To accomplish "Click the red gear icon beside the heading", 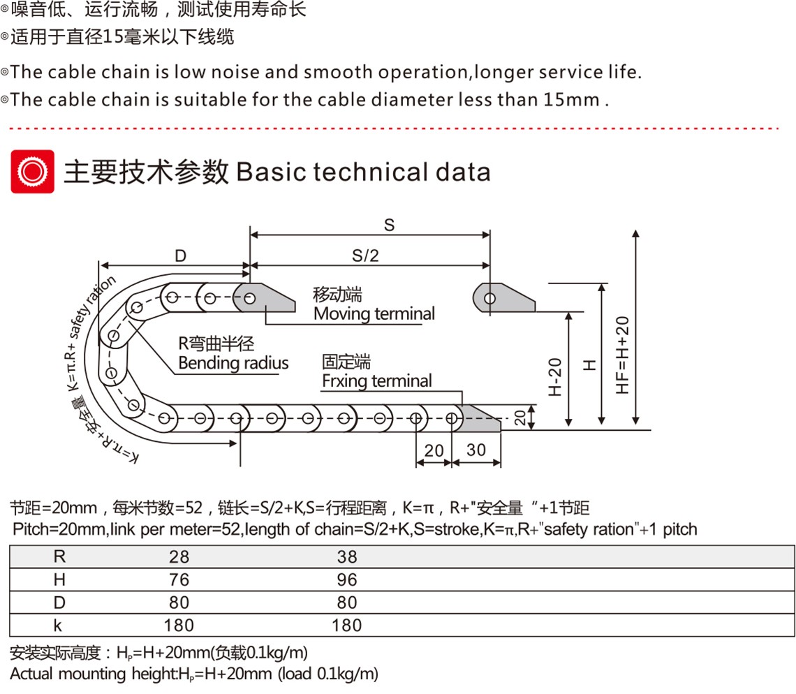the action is (33, 172).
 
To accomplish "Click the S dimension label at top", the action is (389, 225).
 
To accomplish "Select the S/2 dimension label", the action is (365, 256).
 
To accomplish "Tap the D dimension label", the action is (180, 256).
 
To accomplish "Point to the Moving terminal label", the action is (374, 313).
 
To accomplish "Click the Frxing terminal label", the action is (376, 381).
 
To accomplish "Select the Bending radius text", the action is (233, 363).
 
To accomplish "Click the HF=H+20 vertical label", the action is (622, 355).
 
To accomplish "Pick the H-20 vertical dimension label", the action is (555, 377).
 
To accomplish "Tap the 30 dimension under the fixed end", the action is (476, 450).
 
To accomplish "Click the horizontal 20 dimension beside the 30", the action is (434, 450).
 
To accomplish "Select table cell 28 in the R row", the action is (179, 557).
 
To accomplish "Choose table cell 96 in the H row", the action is (347, 579).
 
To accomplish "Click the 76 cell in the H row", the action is (179, 579).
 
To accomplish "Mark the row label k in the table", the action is (58, 626).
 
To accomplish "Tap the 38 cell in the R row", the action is (347, 557).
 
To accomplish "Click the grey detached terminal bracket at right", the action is (503, 298).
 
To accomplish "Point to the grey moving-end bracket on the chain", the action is (264, 297).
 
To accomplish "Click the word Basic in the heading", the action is (270, 172).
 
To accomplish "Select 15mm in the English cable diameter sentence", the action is (572, 100).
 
